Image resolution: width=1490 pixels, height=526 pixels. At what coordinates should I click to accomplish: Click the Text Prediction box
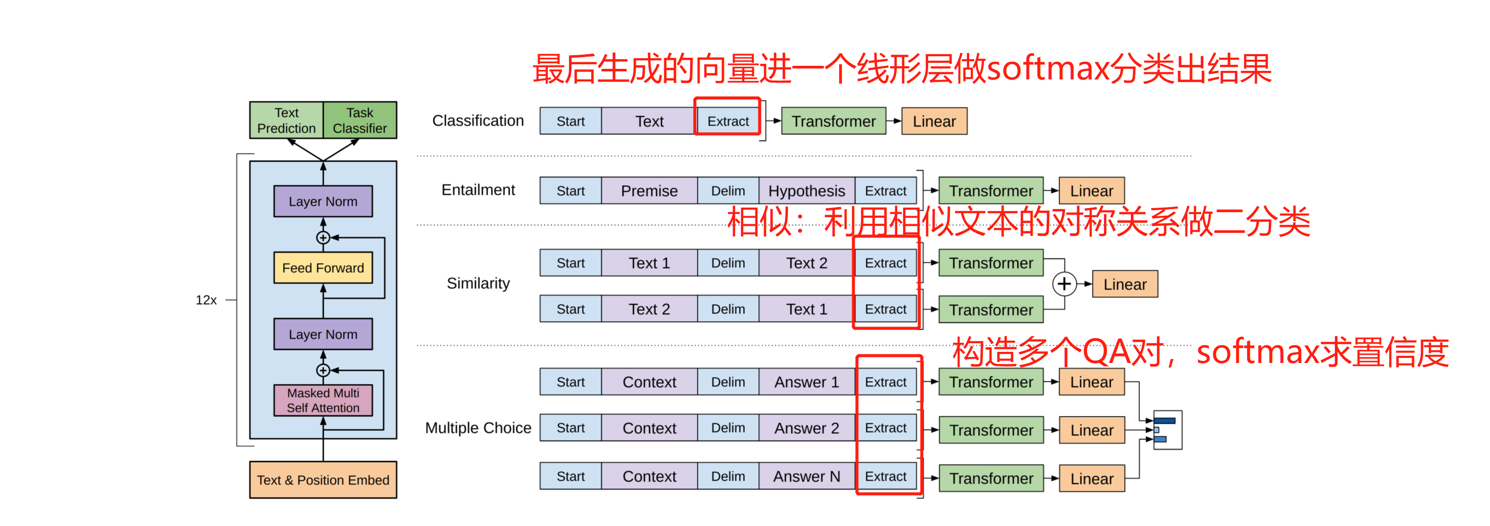point(286,120)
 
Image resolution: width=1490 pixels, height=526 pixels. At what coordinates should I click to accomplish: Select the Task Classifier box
point(360,120)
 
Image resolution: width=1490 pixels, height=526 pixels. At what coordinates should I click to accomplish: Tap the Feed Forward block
point(323,268)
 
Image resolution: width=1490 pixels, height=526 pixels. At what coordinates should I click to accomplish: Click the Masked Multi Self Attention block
point(323,400)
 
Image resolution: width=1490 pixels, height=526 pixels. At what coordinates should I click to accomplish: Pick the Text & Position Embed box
point(323,480)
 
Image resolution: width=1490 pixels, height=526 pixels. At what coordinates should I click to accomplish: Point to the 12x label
point(206,300)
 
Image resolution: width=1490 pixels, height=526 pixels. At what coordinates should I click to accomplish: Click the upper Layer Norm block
point(323,201)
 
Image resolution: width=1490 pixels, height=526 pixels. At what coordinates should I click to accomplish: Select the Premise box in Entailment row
point(649,191)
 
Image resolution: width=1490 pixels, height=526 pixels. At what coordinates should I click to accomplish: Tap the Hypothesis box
point(807,191)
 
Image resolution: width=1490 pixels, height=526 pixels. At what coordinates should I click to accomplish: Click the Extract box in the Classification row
point(728,122)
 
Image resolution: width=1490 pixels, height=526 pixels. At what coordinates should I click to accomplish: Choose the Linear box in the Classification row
point(934,122)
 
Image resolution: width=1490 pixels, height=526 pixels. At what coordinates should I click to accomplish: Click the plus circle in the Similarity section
point(1064,284)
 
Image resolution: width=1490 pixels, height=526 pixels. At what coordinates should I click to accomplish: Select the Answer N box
point(807,476)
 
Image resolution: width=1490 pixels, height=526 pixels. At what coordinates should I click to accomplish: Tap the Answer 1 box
point(807,382)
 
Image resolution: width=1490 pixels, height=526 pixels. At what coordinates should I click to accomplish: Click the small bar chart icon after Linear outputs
point(1167,430)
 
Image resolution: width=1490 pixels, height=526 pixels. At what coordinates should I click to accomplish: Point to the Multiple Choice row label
point(478,428)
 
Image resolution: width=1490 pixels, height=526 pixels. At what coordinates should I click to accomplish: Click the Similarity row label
point(478,283)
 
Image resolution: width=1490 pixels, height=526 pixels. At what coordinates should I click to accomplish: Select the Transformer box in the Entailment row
point(991,191)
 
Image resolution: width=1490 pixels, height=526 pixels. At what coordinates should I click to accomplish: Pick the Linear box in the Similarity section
point(1124,284)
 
